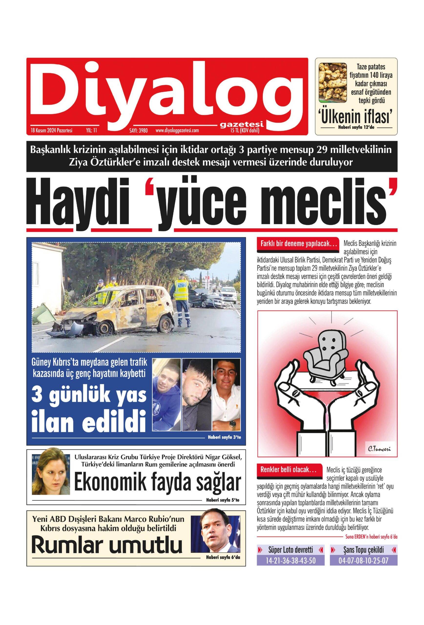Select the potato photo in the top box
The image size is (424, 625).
(333, 83)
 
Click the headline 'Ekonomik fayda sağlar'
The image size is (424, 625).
(157, 483)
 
